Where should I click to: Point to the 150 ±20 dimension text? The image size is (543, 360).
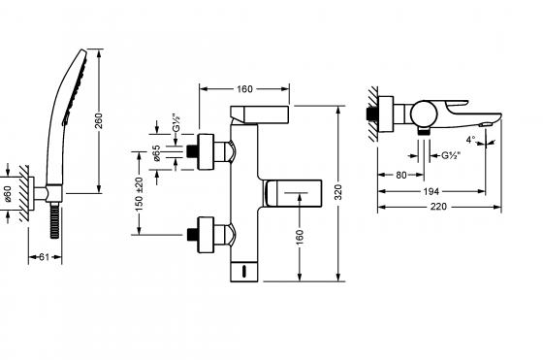140,197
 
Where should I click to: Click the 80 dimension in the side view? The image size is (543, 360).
400,176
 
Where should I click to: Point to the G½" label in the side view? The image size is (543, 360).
451,155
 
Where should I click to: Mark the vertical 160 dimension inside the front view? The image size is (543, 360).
300,236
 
